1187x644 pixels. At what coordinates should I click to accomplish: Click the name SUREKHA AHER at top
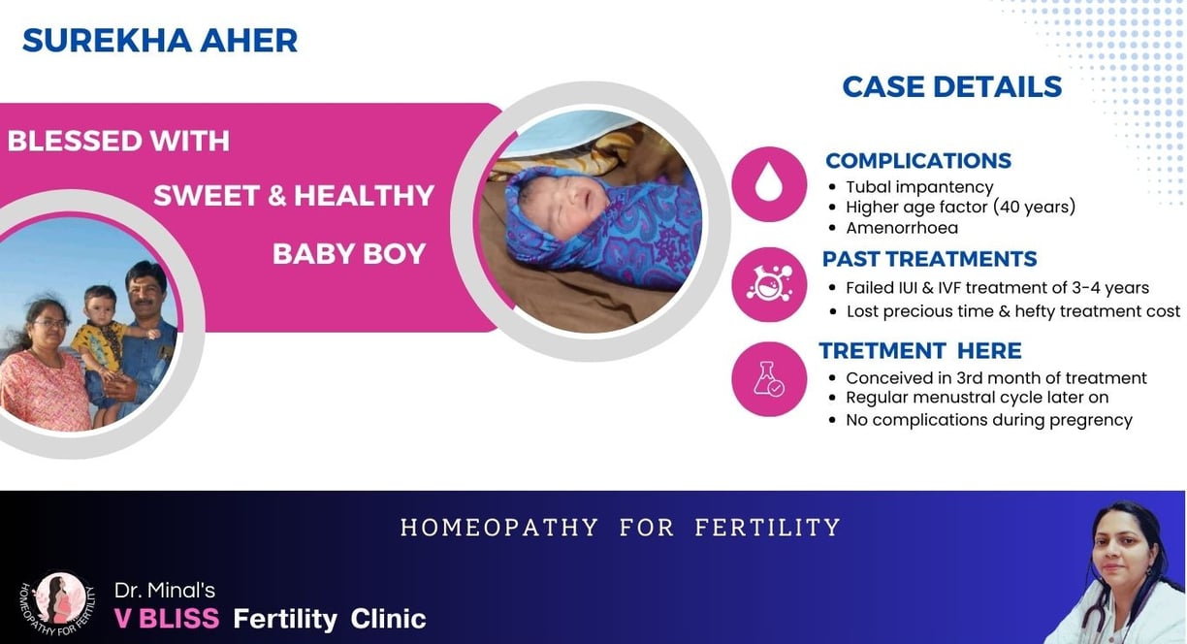(160, 41)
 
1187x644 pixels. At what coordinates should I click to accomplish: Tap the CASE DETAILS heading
(952, 87)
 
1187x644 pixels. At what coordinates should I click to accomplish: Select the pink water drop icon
(769, 184)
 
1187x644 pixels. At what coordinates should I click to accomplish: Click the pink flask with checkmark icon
(769, 379)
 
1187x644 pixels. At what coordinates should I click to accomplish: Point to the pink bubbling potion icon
(769, 284)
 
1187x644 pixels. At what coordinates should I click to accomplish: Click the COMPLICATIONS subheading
(918, 161)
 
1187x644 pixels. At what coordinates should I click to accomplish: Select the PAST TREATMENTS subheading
(929, 259)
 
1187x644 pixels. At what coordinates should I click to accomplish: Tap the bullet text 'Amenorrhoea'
(902, 228)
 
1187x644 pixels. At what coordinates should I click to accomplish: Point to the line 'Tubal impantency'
(919, 187)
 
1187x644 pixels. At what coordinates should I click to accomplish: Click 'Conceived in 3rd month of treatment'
(996, 378)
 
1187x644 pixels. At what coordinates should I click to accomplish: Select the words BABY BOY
(349, 254)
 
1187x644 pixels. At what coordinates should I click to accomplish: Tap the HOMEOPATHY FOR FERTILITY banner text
(621, 528)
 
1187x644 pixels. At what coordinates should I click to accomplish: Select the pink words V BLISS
(167, 619)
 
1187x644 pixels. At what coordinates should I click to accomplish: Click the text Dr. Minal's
(165, 590)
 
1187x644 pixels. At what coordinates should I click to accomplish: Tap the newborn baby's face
(564, 202)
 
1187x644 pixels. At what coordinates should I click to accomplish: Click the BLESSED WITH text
(118, 141)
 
